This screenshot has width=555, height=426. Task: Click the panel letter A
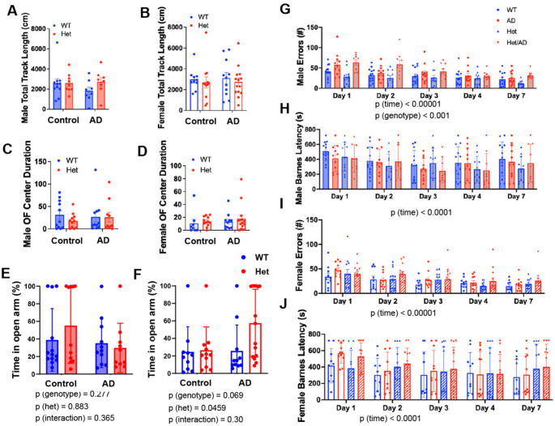pos(10,11)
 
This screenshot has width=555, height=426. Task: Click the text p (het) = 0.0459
pos(196,403)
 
